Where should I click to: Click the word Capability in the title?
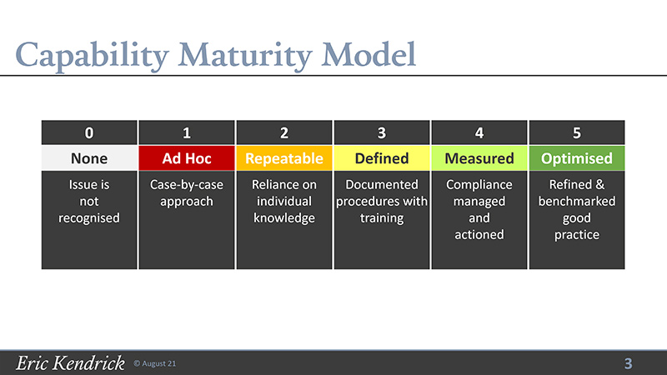tap(93, 56)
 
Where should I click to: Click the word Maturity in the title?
tap(245, 56)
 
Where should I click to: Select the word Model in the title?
tap(369, 54)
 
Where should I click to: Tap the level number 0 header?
tap(89, 132)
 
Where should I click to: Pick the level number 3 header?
tap(382, 132)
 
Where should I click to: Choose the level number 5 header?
tap(577, 132)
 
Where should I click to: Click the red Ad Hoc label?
tap(187, 158)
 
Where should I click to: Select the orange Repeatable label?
tap(284, 158)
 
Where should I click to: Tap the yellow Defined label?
tap(382, 158)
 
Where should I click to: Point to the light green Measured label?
tap(479, 158)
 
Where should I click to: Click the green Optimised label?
tap(577, 158)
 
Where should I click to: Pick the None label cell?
tap(89, 158)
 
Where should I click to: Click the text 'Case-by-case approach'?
tap(187, 193)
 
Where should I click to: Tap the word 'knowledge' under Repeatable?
tap(284, 218)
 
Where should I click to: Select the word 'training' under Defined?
tap(382, 218)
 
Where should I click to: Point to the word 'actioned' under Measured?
tap(479, 234)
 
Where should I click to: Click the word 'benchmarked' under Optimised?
tap(577, 201)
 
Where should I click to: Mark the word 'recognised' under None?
tap(89, 218)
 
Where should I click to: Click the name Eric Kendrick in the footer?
tap(71, 363)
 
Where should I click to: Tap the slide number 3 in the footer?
tap(629, 363)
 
